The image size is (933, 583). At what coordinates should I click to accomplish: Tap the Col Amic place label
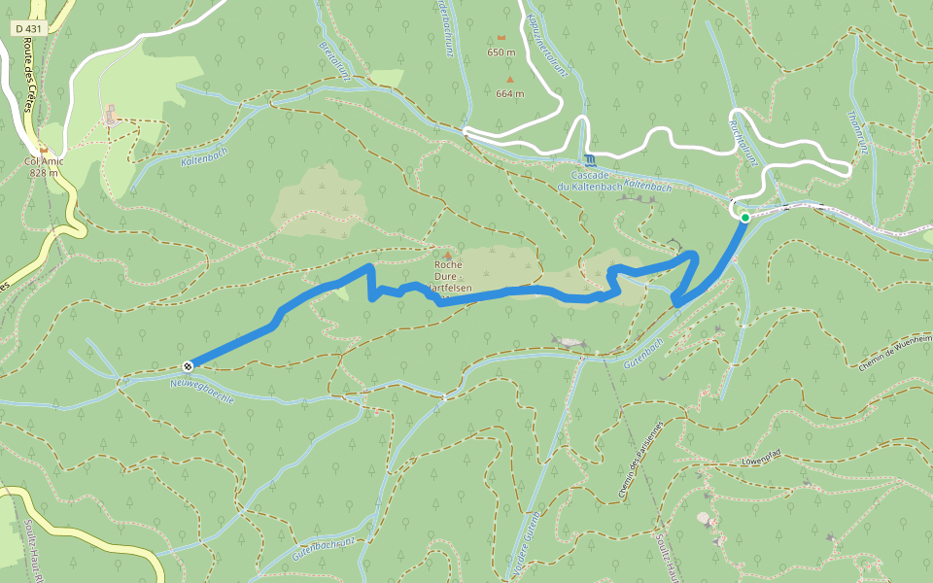[x=44, y=161]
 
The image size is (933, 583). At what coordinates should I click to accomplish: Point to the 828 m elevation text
[x=44, y=173]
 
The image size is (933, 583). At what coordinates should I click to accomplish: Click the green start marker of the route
[x=744, y=218]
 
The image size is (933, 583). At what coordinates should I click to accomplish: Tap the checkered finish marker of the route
[x=188, y=365]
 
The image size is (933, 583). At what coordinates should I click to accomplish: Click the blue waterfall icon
[x=589, y=158]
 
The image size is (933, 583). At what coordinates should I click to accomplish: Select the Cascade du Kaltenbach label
[x=587, y=181]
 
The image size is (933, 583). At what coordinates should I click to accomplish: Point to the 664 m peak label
[x=509, y=94]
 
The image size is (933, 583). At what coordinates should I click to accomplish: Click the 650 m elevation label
[x=501, y=52]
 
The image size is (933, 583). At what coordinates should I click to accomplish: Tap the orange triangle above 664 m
[x=508, y=80]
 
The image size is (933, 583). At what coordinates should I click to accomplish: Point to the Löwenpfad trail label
[x=761, y=457]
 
